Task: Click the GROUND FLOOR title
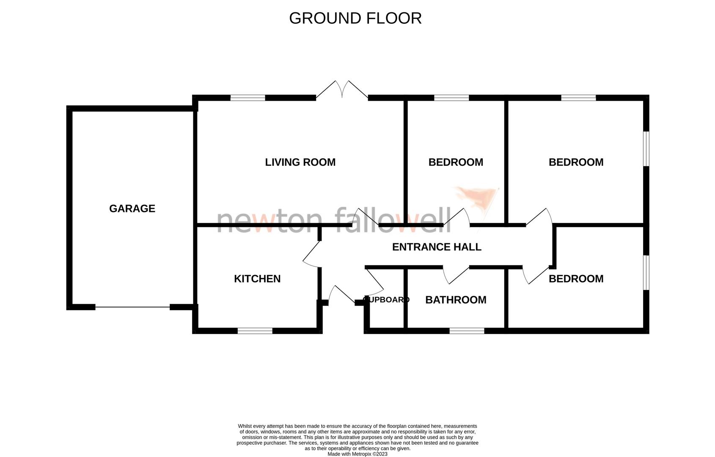pyautogui.click(x=355, y=18)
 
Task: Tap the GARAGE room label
pyautogui.click(x=132, y=208)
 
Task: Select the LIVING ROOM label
pyautogui.click(x=300, y=162)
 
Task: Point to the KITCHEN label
pyautogui.click(x=257, y=278)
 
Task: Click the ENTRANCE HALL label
pyautogui.click(x=437, y=247)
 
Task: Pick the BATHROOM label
pyautogui.click(x=456, y=300)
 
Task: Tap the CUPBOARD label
pyautogui.click(x=386, y=300)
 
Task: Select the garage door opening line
pyautogui.click(x=132, y=307)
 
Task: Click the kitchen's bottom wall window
pyautogui.click(x=255, y=331)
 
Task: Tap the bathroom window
pyautogui.click(x=467, y=331)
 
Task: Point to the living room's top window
pyautogui.click(x=248, y=98)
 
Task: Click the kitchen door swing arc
pyautogui.click(x=312, y=255)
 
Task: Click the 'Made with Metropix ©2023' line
pyautogui.click(x=357, y=454)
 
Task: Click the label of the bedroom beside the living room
pyautogui.click(x=456, y=162)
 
